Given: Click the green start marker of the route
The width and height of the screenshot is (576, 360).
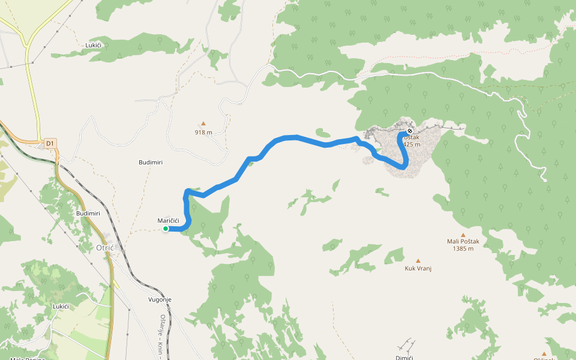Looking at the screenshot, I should pyautogui.click(x=166, y=229).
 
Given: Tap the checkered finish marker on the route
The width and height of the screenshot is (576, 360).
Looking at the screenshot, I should pyautogui.click(x=410, y=131).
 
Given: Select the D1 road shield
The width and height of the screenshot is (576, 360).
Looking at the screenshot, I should pyautogui.click(x=50, y=143).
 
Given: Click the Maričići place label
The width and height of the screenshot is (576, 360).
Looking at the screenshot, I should pyautogui.click(x=168, y=221).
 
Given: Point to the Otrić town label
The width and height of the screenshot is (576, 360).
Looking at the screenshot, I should pyautogui.click(x=105, y=247).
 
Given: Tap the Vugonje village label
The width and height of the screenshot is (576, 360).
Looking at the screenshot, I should pyautogui.click(x=160, y=299).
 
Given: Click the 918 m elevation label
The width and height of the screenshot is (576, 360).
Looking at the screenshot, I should pyautogui.click(x=203, y=132).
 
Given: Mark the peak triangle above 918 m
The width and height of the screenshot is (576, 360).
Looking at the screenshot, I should pyautogui.click(x=203, y=124).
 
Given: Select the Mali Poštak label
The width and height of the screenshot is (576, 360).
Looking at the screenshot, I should pyautogui.click(x=463, y=241).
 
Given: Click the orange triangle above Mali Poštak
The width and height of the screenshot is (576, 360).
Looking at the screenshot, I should pyautogui.click(x=463, y=235).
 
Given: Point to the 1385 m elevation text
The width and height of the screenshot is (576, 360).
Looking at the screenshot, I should pyautogui.click(x=463, y=248).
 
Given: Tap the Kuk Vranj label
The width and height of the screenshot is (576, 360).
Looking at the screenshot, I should pyautogui.click(x=418, y=268).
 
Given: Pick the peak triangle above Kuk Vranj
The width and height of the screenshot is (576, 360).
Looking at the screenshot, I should pyautogui.click(x=418, y=261).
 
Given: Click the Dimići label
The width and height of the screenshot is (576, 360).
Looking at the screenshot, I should pyautogui.click(x=405, y=358).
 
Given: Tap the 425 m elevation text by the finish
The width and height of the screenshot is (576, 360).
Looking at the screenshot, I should pyautogui.click(x=412, y=144).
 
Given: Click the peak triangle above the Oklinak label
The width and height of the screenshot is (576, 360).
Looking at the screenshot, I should pyautogui.click(x=544, y=354).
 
